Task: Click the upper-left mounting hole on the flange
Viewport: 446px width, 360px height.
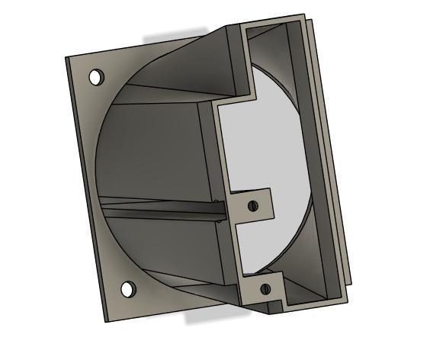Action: [97, 77]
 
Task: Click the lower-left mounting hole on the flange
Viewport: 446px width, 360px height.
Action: [128, 290]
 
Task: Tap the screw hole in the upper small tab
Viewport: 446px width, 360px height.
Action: [253, 205]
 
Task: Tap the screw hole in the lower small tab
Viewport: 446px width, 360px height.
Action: [265, 288]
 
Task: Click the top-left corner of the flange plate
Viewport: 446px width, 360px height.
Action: [67, 58]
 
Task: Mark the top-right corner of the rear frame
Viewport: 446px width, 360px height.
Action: [306, 15]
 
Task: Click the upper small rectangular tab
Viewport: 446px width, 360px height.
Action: [251, 204]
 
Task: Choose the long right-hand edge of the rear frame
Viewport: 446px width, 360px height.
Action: [332, 153]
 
